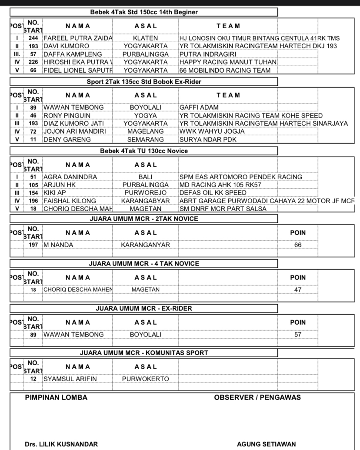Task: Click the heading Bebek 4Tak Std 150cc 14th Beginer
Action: [144, 12]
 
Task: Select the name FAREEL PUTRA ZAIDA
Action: [78, 38]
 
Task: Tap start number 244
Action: [33, 38]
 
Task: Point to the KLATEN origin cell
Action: [145, 38]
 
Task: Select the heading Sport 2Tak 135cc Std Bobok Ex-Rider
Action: [144, 81]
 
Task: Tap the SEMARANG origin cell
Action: [145, 140]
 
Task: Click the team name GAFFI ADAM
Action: [199, 107]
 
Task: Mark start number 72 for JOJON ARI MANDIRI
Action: [33, 131]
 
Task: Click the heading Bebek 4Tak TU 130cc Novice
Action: [144, 151]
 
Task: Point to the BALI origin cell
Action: [145, 177]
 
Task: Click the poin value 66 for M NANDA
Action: [298, 245]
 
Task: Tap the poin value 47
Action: [298, 289]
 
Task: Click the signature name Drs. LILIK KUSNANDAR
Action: [61, 444]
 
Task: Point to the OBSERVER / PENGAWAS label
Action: [257, 397]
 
